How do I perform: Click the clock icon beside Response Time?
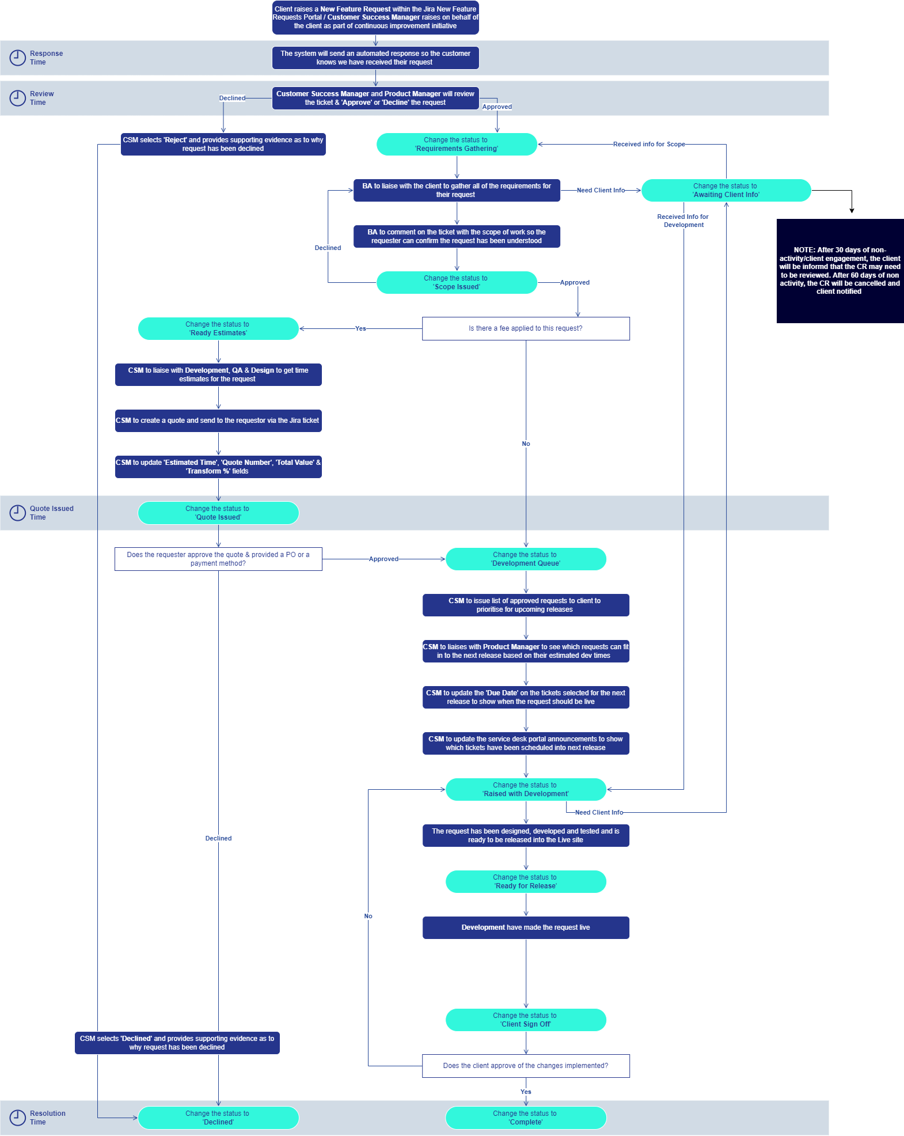[x=17, y=58]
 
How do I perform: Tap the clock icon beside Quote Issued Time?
[x=17, y=513]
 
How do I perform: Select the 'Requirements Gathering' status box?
[x=457, y=144]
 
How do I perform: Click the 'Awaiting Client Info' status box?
[x=726, y=190]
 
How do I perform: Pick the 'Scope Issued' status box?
[x=457, y=282]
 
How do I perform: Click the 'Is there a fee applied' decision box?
[x=525, y=328]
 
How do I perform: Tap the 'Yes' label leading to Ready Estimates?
[x=360, y=328]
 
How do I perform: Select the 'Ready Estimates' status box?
[x=218, y=328]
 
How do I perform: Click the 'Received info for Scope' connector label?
[x=649, y=144]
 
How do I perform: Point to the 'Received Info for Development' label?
[x=683, y=221]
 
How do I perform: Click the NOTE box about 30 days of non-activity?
[x=840, y=271]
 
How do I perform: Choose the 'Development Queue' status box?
[x=525, y=559]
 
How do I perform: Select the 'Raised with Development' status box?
[x=525, y=789]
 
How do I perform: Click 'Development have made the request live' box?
[x=525, y=927]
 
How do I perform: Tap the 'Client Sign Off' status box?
[x=525, y=1020]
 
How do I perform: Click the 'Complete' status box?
[x=525, y=1118]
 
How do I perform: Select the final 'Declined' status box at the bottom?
[x=218, y=1118]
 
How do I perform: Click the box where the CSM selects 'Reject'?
[x=223, y=144]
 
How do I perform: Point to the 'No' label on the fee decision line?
[x=526, y=444]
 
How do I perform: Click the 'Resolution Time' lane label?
[x=47, y=1118]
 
